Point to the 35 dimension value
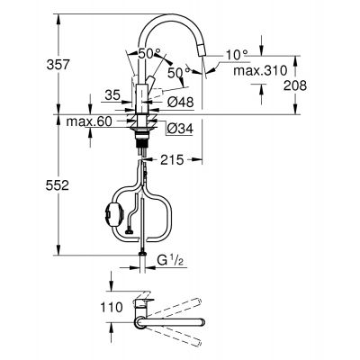click(x=112, y=93)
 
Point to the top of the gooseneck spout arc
click(x=175, y=15)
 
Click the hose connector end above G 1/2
click(x=141, y=256)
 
